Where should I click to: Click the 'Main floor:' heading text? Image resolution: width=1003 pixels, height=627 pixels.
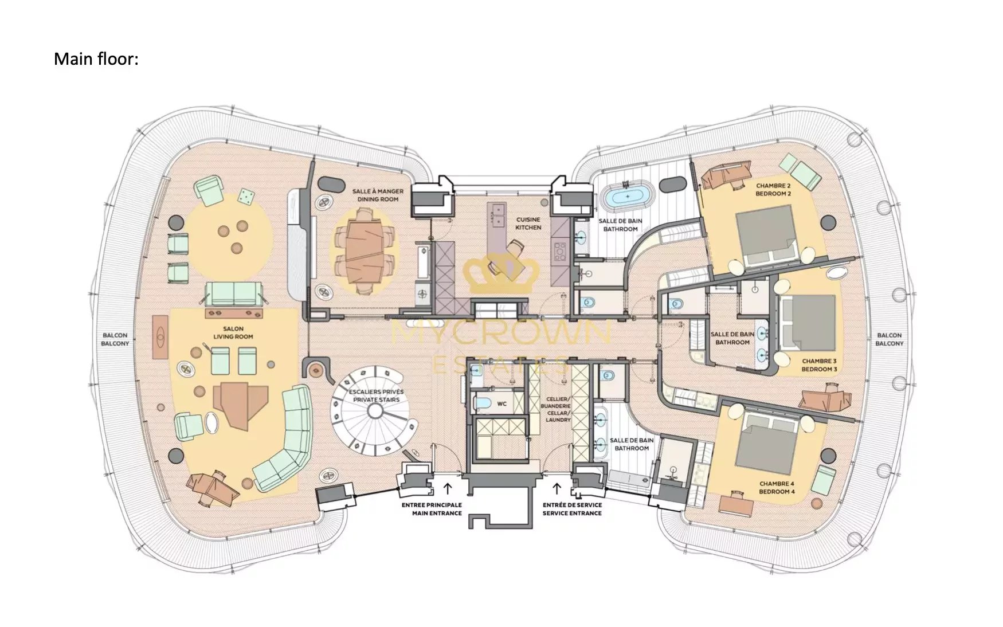(x=96, y=59)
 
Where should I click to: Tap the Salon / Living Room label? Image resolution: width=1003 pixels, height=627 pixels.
(x=233, y=333)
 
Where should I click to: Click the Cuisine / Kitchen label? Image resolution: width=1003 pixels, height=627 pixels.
(x=528, y=224)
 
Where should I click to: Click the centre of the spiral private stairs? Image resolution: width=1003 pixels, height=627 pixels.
(x=375, y=410)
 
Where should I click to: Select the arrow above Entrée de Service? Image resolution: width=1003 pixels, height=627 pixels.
(x=556, y=488)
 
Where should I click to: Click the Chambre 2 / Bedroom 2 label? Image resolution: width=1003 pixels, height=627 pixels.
(x=773, y=190)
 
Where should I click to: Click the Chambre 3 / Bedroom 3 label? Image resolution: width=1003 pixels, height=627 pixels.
(x=819, y=365)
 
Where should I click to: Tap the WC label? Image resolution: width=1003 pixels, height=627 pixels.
(x=502, y=404)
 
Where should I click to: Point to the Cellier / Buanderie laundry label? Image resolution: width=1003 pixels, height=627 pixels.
(x=555, y=409)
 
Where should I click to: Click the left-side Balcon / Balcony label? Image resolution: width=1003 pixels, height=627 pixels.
(x=115, y=339)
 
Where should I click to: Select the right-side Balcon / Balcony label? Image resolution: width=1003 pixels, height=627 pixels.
(x=889, y=339)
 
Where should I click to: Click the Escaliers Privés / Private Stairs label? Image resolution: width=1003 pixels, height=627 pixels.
(x=377, y=395)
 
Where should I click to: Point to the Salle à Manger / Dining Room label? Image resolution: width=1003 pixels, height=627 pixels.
(x=378, y=195)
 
